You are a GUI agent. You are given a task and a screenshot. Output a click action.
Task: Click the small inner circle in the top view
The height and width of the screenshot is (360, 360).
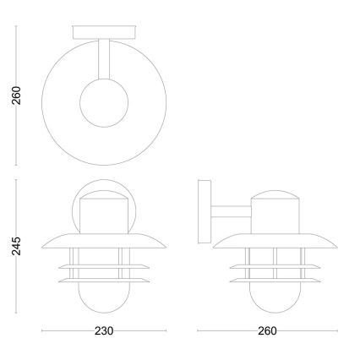(104, 106)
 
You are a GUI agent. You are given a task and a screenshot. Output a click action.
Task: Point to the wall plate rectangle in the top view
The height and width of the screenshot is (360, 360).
(104, 33)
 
